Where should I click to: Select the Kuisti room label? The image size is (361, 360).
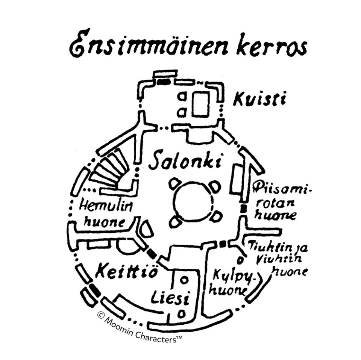point(259,100)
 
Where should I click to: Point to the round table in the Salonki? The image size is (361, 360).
point(193,202)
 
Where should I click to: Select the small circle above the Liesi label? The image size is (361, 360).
point(184,280)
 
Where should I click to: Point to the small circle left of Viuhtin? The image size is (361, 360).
point(240,260)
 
